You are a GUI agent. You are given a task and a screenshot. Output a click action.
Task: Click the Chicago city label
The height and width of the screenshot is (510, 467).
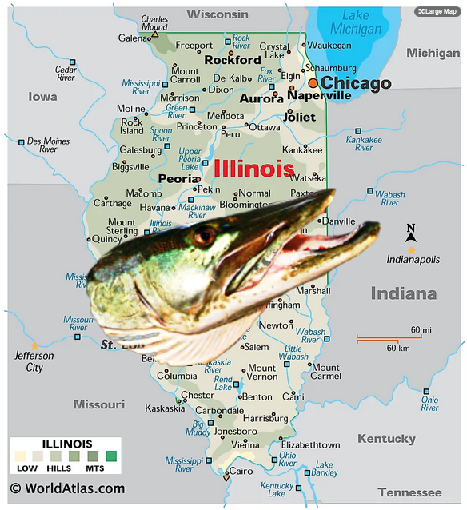tap(356, 83)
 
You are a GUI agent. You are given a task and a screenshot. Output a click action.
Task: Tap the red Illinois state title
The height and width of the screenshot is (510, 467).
tap(253, 169)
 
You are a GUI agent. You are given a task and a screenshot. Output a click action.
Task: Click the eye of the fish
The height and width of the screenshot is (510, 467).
tap(204, 236)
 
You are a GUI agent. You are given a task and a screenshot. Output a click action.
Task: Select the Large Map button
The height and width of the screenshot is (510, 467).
tap(437, 11)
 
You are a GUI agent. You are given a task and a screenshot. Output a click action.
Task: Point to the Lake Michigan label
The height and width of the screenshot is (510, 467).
tap(356, 22)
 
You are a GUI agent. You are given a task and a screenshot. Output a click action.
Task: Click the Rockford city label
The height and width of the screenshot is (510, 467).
tap(233, 59)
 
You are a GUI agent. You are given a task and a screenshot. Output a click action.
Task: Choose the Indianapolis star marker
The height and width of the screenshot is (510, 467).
tap(412, 250)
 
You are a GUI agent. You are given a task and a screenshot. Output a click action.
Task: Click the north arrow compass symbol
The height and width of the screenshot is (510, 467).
tap(411, 233)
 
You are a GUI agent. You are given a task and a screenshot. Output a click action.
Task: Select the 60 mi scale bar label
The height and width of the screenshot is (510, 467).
tap(421, 329)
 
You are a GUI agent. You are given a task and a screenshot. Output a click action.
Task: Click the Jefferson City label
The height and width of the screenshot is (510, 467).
tap(34, 361)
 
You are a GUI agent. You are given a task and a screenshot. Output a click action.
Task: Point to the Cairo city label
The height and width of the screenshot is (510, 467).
tap(241, 471)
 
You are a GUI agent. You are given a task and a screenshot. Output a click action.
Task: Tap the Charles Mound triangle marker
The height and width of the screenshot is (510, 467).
tap(155, 35)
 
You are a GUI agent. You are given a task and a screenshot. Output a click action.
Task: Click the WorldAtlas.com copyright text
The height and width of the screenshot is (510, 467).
tap(67, 488)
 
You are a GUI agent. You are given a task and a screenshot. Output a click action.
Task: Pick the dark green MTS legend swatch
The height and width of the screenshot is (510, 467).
tap(111, 456)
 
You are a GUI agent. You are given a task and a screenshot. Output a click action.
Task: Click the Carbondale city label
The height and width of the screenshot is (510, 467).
tap(220, 410)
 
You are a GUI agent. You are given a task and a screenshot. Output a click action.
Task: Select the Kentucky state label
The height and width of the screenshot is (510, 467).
tap(386, 439)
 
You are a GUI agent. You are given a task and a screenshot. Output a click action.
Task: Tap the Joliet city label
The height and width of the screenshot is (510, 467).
tap(300, 116)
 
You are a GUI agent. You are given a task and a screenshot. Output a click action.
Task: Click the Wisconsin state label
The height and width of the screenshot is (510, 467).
tap(218, 14)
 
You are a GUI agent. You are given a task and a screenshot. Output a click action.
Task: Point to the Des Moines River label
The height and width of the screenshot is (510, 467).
tap(48, 145)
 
